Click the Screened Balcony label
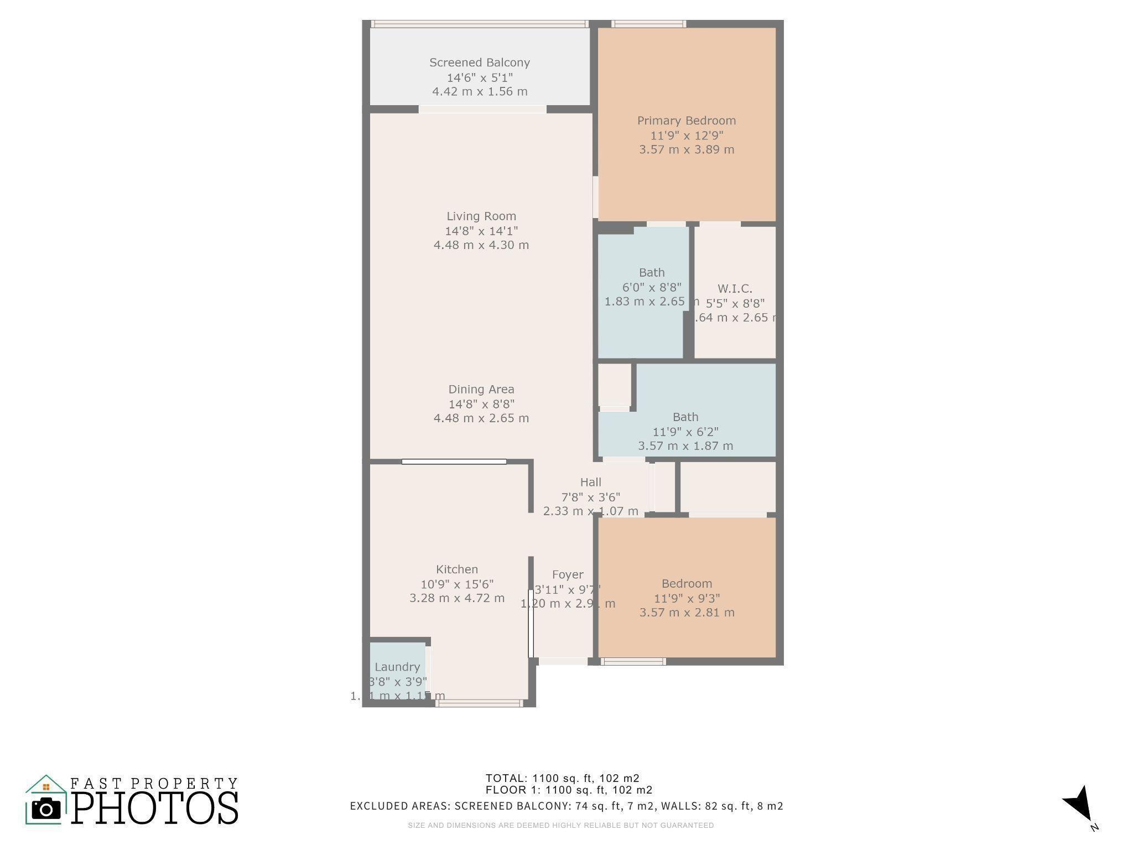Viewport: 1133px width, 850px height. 480,63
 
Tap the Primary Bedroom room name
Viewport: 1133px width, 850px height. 687,121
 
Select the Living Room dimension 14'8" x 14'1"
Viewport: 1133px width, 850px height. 481,231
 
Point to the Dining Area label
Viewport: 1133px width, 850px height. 481,390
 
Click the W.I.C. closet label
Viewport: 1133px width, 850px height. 735,289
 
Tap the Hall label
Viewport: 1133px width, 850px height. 590,483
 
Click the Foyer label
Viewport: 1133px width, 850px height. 568,575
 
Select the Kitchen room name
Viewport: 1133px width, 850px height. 457,569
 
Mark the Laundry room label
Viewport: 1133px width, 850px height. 397,667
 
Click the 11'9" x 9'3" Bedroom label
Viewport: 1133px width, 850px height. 687,584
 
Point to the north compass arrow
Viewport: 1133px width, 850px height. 1079,805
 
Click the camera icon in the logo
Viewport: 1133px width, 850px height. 46,810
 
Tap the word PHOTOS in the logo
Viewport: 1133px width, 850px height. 155,808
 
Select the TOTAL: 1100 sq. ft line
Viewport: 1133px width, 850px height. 563,778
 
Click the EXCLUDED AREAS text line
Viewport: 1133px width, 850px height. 566,806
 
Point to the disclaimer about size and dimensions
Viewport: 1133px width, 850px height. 561,825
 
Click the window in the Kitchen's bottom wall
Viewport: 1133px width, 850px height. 479,703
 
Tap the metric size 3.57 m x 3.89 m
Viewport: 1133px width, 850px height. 687,149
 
